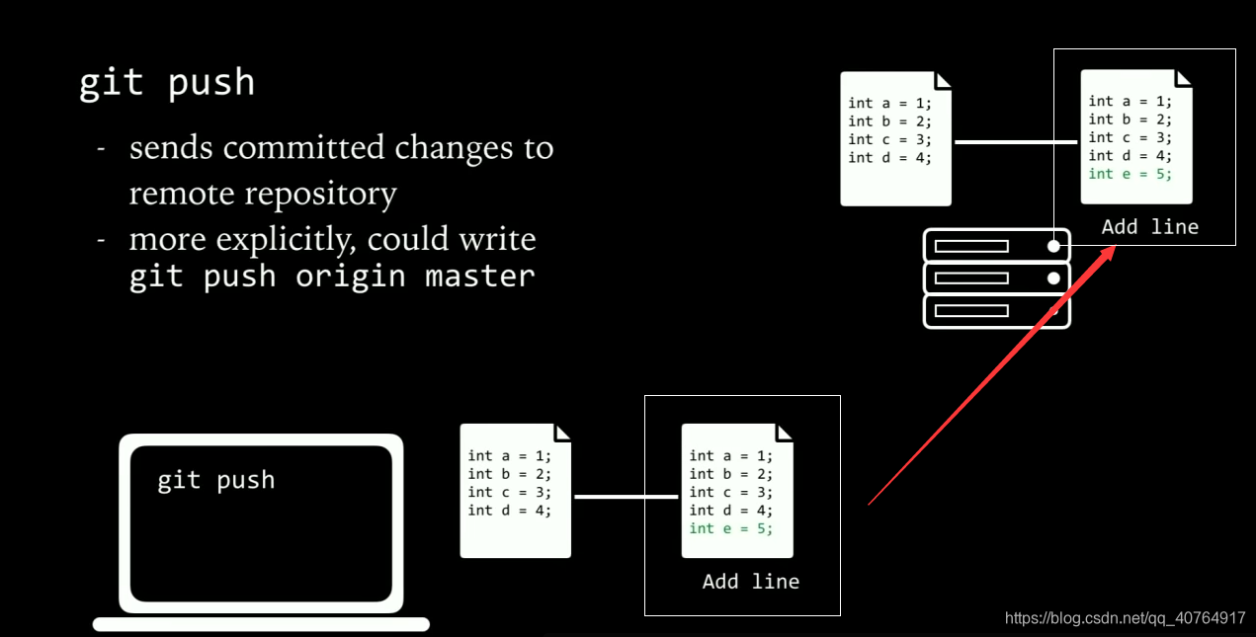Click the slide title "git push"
click(x=167, y=83)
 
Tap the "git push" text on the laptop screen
click(x=216, y=481)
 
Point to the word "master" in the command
click(x=480, y=277)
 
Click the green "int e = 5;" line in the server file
click(x=1130, y=174)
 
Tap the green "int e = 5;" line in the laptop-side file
click(x=730, y=528)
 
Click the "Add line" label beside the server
click(x=1149, y=227)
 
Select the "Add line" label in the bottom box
click(x=750, y=582)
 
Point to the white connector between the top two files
click(x=1016, y=141)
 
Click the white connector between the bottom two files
click(x=626, y=497)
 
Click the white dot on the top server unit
click(x=1054, y=246)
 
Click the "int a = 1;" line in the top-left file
click(x=888, y=103)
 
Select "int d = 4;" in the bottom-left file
click(x=509, y=511)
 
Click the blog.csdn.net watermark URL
click(x=1125, y=618)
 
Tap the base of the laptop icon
click(x=261, y=624)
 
